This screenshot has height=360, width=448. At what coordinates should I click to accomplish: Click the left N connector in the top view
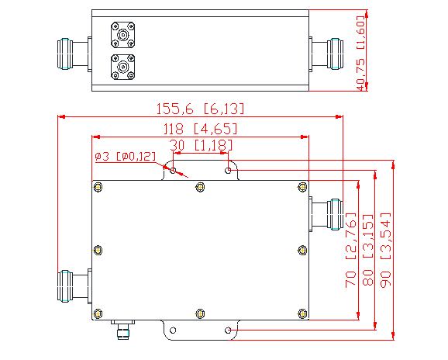(74, 52)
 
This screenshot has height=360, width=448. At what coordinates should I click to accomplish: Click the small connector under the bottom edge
(122, 332)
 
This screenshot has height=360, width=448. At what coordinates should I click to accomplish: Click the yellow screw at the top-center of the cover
(201, 186)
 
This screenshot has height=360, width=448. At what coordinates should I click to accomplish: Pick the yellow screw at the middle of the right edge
(302, 250)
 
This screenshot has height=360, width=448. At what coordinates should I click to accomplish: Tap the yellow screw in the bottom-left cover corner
(98, 313)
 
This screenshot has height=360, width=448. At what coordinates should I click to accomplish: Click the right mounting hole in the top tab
(228, 170)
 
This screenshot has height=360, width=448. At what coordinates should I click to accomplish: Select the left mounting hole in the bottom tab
(173, 331)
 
